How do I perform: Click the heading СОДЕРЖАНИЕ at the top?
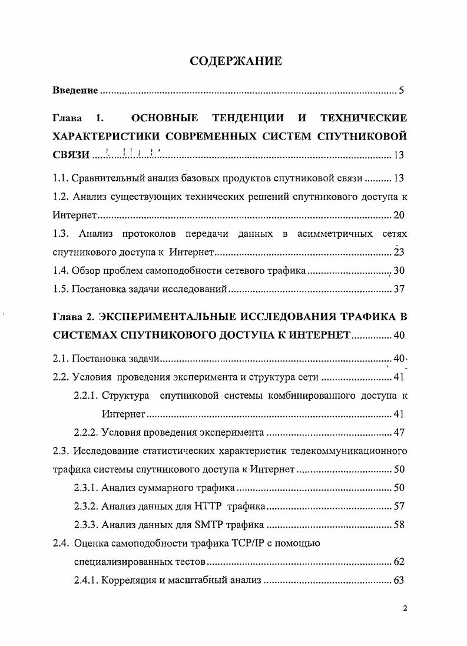(235, 61)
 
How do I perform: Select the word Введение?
(75, 91)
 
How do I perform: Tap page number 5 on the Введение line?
(401, 91)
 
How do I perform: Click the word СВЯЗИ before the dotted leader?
(71, 155)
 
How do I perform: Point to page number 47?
(399, 433)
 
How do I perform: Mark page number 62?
(399, 562)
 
